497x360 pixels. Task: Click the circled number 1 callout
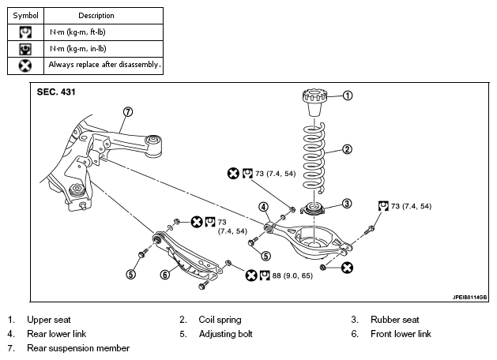point(348,96)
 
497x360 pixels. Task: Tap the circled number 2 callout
point(347,149)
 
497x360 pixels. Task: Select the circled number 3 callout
point(347,203)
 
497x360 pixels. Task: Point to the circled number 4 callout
point(263,207)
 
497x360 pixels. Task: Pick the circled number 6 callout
point(165,274)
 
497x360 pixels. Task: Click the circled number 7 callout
point(128,112)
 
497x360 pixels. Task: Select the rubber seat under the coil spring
point(313,209)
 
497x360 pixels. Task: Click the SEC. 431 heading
point(56,92)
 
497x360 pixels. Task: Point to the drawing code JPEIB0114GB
point(469,298)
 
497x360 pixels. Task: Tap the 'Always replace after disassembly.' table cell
point(104,66)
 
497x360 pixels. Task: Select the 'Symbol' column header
point(25,16)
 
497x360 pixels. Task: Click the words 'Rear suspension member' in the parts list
point(78,348)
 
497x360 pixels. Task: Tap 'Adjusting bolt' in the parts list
point(225,334)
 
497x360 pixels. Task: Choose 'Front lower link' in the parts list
point(401,334)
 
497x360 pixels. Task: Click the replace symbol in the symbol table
point(25,66)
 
